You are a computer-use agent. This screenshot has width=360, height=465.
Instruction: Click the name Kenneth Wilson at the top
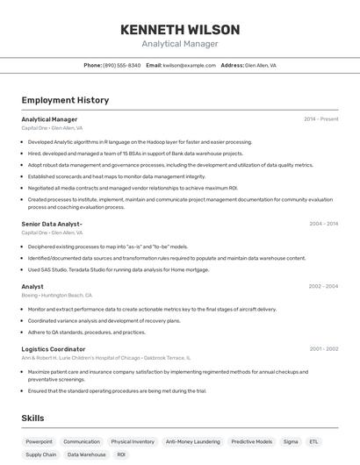click(x=180, y=30)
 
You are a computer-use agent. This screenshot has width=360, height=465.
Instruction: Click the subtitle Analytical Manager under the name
click(x=180, y=44)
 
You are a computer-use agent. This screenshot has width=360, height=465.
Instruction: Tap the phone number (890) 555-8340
click(x=121, y=65)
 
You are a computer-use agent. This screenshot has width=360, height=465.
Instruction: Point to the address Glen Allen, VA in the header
click(x=260, y=65)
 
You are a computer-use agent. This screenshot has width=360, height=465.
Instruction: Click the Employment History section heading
click(x=65, y=100)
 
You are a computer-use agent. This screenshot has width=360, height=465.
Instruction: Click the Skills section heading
click(x=32, y=418)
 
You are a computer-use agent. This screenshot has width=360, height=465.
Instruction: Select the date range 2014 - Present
click(x=320, y=119)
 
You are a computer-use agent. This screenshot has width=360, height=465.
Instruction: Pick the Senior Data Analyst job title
click(x=52, y=224)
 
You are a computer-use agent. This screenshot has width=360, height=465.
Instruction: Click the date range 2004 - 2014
click(x=323, y=224)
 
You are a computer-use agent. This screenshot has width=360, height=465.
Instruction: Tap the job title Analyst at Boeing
click(x=32, y=286)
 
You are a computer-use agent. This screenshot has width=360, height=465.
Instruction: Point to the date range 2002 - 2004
click(x=323, y=286)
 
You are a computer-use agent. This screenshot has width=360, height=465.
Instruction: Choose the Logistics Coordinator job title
click(x=54, y=348)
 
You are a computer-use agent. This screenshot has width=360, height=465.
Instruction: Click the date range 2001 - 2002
click(x=323, y=348)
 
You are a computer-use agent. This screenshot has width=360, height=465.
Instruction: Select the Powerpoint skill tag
click(x=39, y=441)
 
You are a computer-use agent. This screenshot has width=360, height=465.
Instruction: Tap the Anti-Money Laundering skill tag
click(x=192, y=441)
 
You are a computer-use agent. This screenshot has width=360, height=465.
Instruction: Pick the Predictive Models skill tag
click(x=251, y=441)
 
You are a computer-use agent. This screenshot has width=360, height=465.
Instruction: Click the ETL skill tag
click(x=313, y=441)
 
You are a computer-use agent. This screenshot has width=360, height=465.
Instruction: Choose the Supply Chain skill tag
click(x=40, y=454)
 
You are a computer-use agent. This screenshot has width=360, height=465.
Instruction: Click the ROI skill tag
click(x=121, y=454)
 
